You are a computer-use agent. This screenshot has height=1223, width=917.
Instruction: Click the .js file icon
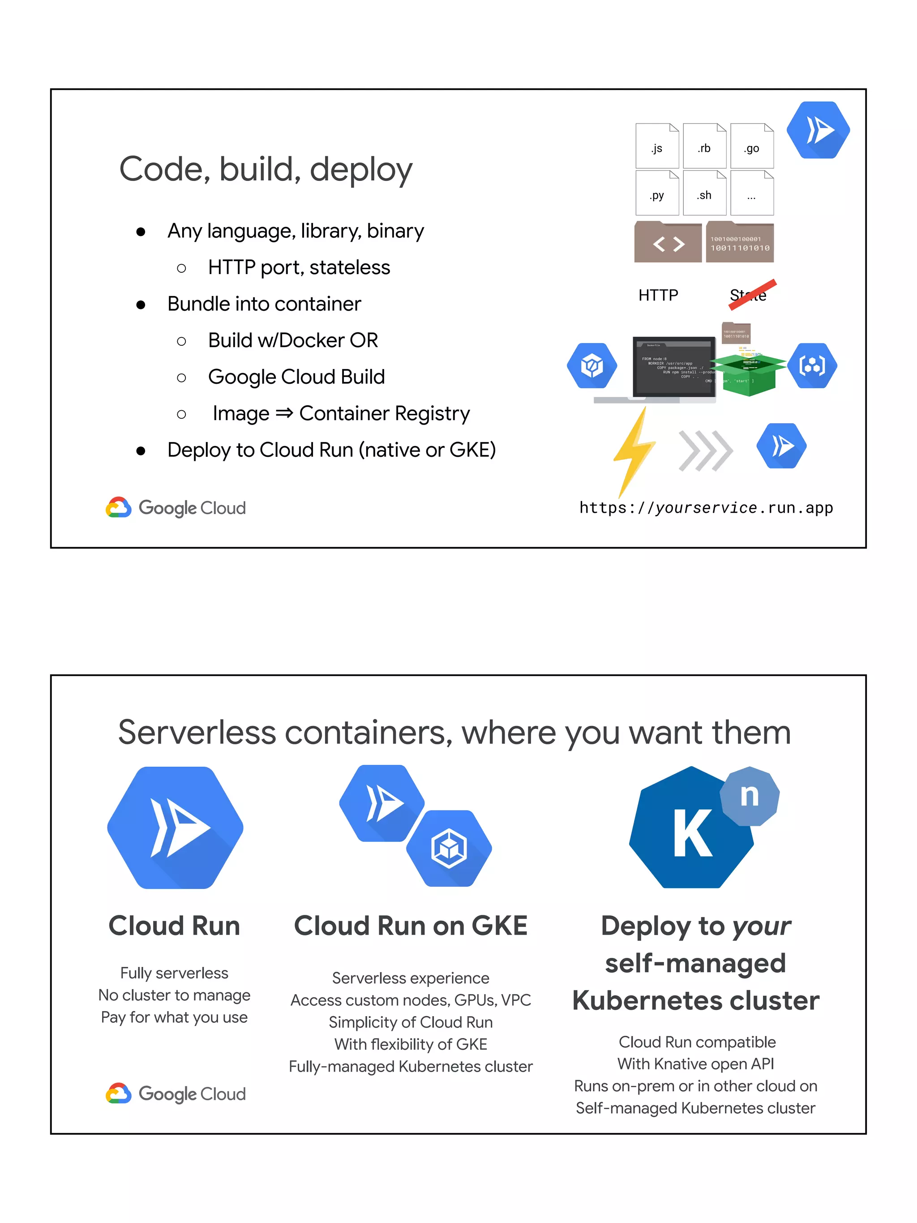tap(657, 146)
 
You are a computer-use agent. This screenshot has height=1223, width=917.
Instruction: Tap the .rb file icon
tap(704, 146)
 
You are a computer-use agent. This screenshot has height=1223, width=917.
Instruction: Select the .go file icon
tap(752, 146)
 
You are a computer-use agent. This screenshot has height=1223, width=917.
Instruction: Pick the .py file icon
tap(657, 193)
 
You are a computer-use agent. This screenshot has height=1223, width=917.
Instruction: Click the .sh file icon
tap(704, 193)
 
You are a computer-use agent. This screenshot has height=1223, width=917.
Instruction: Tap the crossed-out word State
tap(749, 294)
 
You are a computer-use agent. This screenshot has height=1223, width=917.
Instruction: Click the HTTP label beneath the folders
tap(658, 295)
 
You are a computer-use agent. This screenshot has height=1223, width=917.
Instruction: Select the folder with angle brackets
tap(668, 243)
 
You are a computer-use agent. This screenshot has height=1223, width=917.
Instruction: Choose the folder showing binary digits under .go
tap(740, 243)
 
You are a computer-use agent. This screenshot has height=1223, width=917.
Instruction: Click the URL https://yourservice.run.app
tap(706, 507)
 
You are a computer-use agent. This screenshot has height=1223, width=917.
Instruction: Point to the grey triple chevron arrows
tap(705, 450)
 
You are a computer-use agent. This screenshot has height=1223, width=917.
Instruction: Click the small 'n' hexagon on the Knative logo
tap(750, 796)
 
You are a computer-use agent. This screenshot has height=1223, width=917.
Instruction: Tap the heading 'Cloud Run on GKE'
tap(411, 926)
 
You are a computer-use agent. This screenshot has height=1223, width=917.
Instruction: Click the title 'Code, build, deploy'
tap(266, 169)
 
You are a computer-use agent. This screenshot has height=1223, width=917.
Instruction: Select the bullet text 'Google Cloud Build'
tap(296, 377)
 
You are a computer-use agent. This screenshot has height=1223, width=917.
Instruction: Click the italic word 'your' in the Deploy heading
tap(762, 926)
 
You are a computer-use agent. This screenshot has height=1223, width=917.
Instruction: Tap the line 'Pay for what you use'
tap(174, 1017)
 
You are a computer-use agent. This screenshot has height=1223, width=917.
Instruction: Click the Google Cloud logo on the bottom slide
tap(176, 1094)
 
